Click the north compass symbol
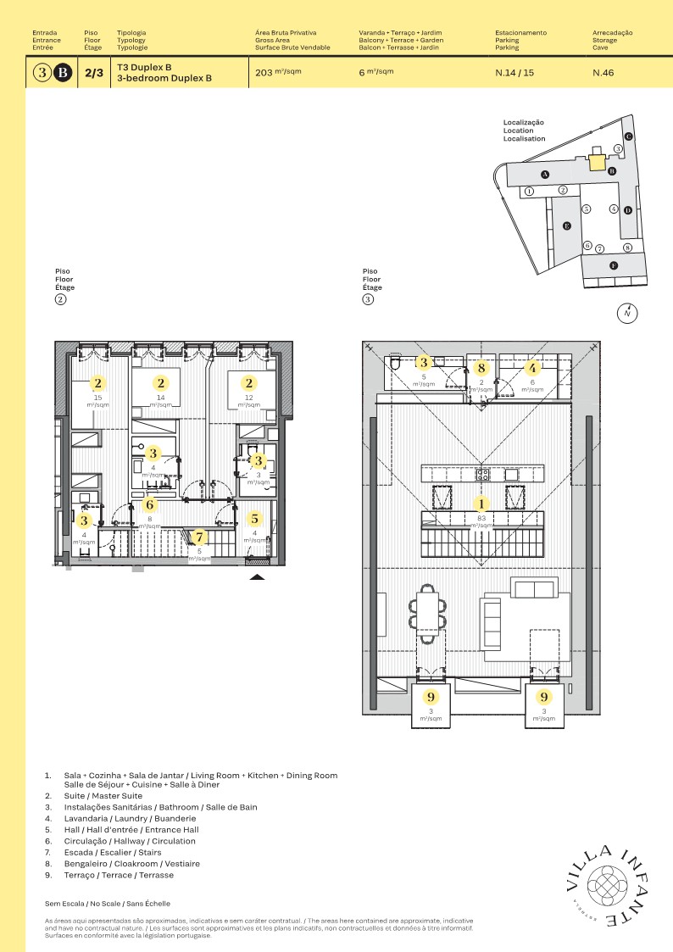pos(627,313)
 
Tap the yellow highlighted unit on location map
pos(598,162)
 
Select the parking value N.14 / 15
pos(514,73)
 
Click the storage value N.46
pos(603,73)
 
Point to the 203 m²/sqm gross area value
pos(278,73)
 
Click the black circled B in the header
pos(63,73)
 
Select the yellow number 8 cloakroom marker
pos(481,368)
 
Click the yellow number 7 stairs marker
pos(199,537)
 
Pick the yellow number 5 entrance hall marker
pos(256,519)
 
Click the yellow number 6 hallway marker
pos(150,505)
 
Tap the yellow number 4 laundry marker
pos(532,368)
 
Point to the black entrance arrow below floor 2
pos(258,576)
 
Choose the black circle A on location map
pos(545,174)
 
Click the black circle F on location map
pos(614,265)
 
